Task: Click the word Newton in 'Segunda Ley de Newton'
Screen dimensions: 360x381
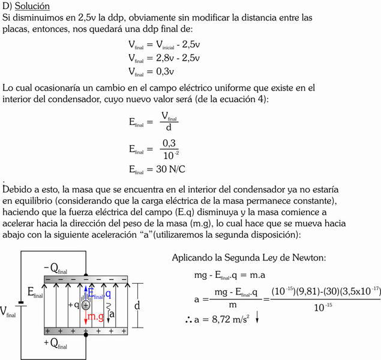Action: pyautogui.click(x=305, y=257)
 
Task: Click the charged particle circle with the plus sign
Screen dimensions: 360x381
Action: pyautogui.click(x=86, y=305)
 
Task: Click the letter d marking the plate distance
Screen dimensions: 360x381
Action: pyautogui.click(x=137, y=306)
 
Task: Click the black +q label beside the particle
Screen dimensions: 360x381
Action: pyautogui.click(x=74, y=305)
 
